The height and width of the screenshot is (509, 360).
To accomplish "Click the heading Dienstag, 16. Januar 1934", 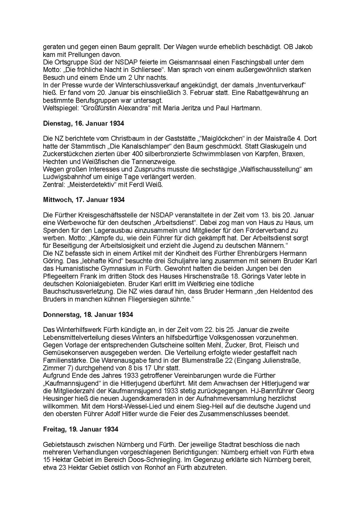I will click(83, 123).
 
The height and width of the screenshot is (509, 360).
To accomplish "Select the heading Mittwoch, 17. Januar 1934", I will click(84, 200).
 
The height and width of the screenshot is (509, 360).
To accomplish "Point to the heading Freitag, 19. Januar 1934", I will click(80, 429).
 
